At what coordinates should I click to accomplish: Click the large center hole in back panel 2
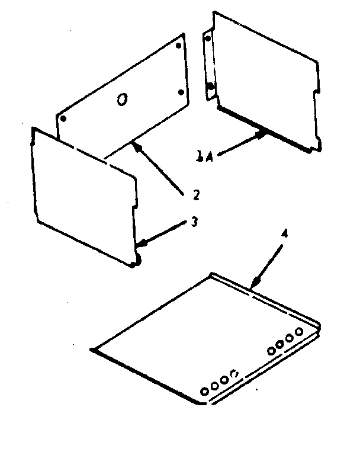tap(121, 101)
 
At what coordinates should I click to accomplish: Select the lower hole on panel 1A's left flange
tap(211, 88)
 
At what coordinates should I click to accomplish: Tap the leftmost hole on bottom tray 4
tap(205, 391)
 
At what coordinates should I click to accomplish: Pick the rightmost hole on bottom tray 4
tap(299, 331)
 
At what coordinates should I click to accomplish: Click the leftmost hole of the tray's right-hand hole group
tap(271, 351)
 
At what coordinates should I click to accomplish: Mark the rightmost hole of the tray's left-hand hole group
tap(234, 373)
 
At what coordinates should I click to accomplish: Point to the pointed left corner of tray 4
tap(94, 350)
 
